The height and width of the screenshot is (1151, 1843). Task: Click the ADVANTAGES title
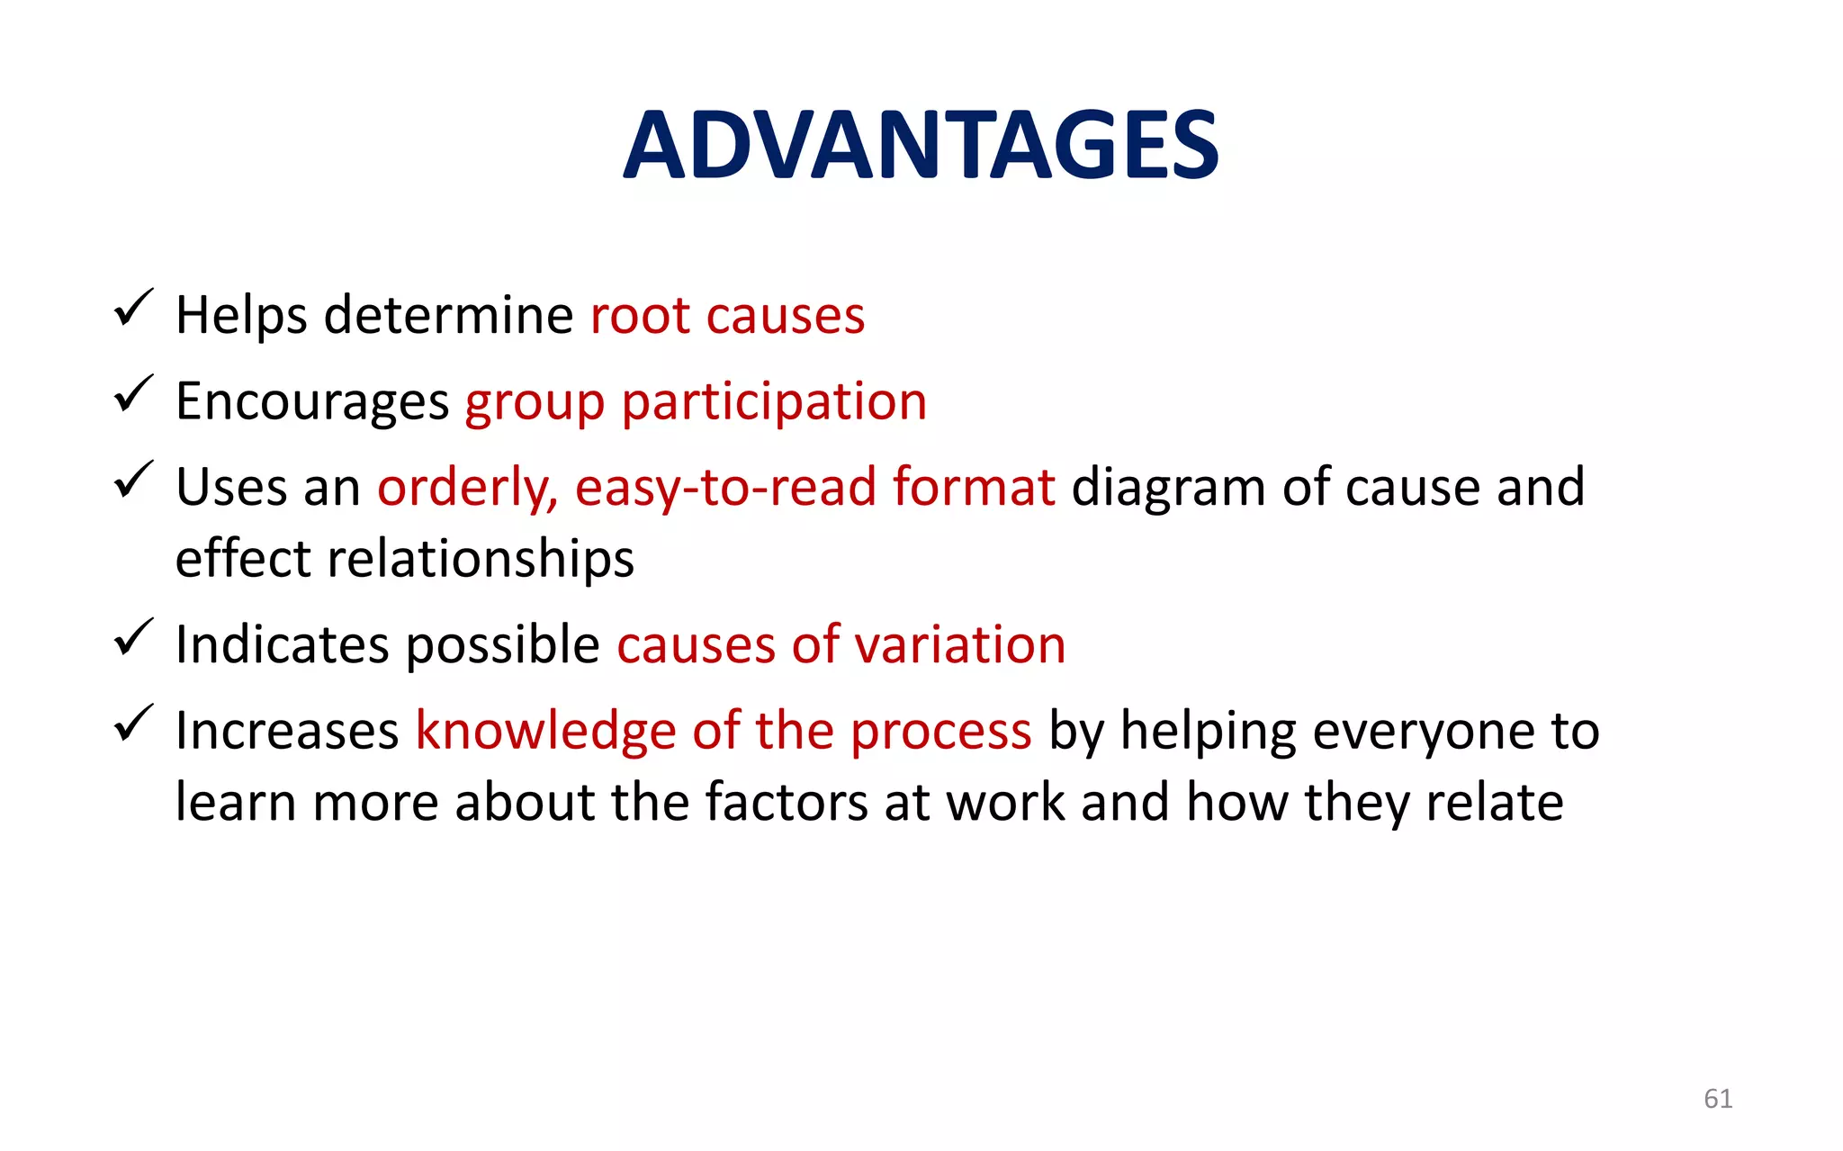(921, 145)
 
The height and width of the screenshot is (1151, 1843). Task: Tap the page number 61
(1717, 1098)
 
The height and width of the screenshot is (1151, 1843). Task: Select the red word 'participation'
(774, 402)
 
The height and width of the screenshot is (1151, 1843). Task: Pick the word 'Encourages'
(312, 402)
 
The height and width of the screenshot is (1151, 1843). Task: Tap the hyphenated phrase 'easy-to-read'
(725, 489)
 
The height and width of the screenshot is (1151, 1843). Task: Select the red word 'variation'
(960, 645)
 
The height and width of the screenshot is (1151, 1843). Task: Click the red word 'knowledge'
(545, 731)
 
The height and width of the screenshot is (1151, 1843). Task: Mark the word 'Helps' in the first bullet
(241, 316)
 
